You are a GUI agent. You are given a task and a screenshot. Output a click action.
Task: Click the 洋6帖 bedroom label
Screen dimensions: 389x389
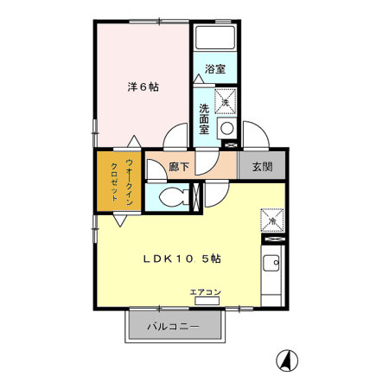(x=143, y=86)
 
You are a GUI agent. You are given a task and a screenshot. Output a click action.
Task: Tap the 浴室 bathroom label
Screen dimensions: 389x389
(x=215, y=69)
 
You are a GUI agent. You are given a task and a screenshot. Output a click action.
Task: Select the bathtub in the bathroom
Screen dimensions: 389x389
(x=215, y=37)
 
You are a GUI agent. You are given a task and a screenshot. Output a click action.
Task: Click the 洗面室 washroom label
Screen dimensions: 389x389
(x=204, y=118)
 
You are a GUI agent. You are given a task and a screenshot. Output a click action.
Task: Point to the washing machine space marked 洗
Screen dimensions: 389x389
(x=226, y=101)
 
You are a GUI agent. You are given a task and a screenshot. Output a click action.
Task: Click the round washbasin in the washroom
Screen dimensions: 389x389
(x=226, y=129)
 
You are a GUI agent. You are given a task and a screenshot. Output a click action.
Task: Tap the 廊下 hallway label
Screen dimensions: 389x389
(x=179, y=167)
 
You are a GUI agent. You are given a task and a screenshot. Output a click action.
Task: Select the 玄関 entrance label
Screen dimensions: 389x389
(x=262, y=167)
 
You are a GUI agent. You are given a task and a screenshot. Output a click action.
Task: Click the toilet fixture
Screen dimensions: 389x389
(x=174, y=197)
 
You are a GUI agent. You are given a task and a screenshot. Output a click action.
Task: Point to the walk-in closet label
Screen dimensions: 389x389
(x=122, y=182)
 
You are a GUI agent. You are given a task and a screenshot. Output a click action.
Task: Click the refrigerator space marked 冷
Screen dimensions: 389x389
(x=272, y=220)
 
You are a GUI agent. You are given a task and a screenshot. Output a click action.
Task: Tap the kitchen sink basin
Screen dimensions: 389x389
(x=271, y=263)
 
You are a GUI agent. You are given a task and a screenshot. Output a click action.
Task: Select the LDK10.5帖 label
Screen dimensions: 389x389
(x=182, y=258)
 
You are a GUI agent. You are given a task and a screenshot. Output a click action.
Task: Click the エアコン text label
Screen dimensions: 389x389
(x=206, y=292)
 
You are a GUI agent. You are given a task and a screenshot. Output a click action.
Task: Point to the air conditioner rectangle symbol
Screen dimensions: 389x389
(x=207, y=301)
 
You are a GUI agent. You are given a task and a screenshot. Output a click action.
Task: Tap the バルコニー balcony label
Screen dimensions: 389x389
(x=174, y=327)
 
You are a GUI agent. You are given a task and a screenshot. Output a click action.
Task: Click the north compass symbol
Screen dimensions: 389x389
(x=287, y=360)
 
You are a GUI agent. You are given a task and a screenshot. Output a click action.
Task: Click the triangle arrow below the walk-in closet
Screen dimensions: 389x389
(x=120, y=220)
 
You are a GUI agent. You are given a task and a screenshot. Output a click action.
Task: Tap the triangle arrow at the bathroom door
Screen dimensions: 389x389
(x=199, y=79)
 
